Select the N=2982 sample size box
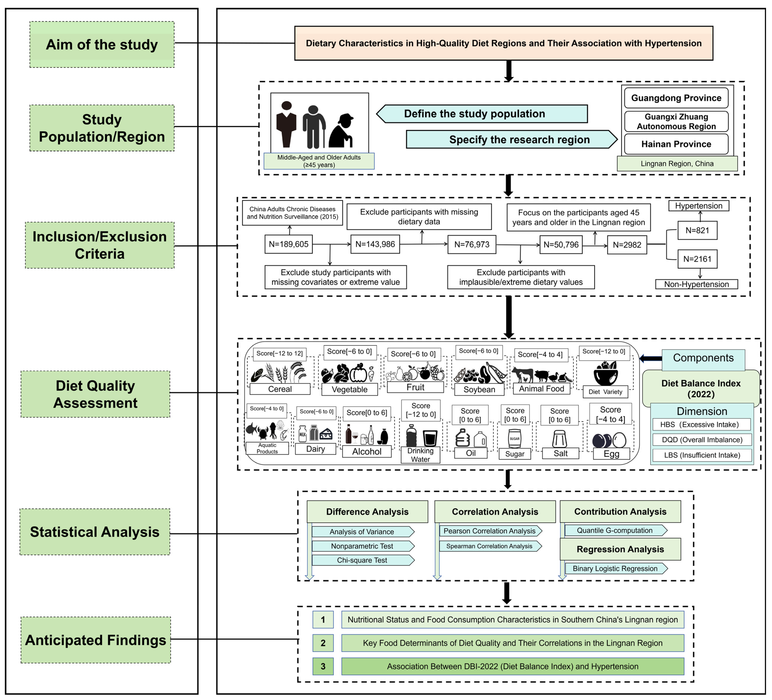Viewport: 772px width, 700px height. coord(627,245)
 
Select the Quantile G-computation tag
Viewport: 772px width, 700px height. coord(615,530)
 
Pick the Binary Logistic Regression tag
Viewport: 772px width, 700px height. coord(615,568)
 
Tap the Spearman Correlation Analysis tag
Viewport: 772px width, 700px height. coord(489,546)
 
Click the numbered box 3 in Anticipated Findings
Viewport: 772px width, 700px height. coord(323,666)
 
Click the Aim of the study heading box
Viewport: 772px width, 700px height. coord(102,44)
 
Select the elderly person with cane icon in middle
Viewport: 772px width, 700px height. coord(314,126)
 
